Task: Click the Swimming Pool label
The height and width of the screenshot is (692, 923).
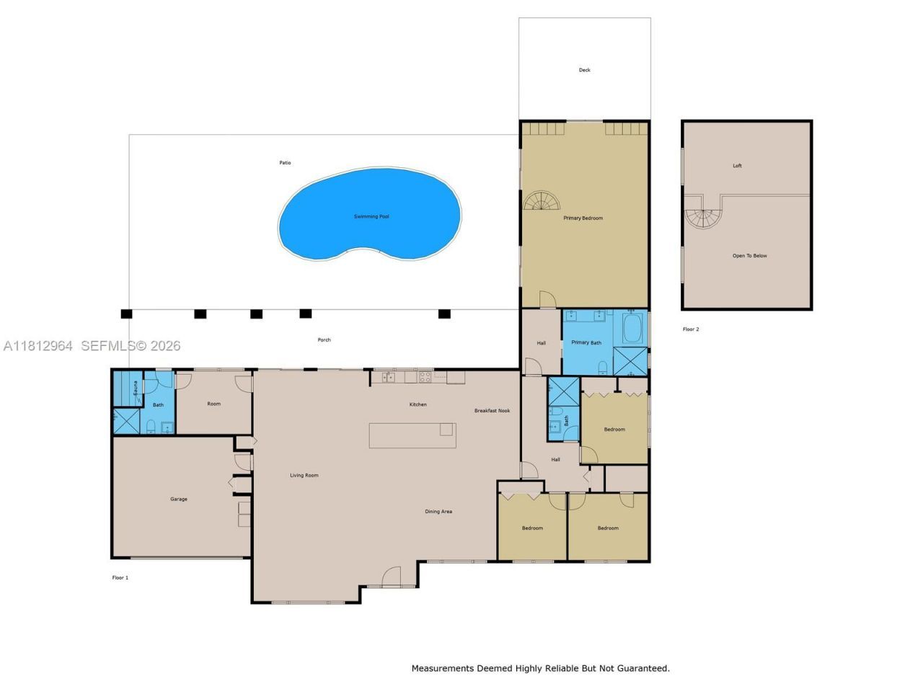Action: pyautogui.click(x=371, y=216)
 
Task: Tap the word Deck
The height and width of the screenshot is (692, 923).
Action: pyautogui.click(x=585, y=70)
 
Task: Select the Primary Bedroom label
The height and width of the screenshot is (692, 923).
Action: pyautogui.click(x=583, y=218)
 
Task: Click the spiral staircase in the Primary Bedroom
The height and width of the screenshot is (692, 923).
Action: pyautogui.click(x=542, y=200)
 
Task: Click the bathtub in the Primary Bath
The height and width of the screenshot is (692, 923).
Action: pyautogui.click(x=632, y=328)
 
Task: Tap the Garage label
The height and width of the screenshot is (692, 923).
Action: pyautogui.click(x=179, y=499)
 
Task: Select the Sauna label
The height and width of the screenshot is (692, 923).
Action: pyautogui.click(x=136, y=388)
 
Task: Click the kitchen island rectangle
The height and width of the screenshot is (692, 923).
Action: pyautogui.click(x=412, y=435)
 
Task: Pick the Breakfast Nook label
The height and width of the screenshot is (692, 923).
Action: pyautogui.click(x=492, y=410)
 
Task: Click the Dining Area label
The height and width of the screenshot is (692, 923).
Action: pyautogui.click(x=438, y=511)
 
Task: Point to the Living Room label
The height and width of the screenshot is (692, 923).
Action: pyautogui.click(x=304, y=475)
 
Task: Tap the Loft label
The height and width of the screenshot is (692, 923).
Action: pyautogui.click(x=737, y=166)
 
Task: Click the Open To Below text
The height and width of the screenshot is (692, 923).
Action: pyautogui.click(x=749, y=255)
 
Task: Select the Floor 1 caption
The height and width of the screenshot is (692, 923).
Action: pyautogui.click(x=120, y=577)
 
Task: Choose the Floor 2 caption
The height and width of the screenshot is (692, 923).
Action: pyautogui.click(x=691, y=329)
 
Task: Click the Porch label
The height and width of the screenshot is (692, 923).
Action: pyautogui.click(x=324, y=340)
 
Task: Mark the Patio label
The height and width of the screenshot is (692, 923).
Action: pyautogui.click(x=285, y=163)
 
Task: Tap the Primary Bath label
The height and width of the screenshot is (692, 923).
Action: pyautogui.click(x=586, y=342)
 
